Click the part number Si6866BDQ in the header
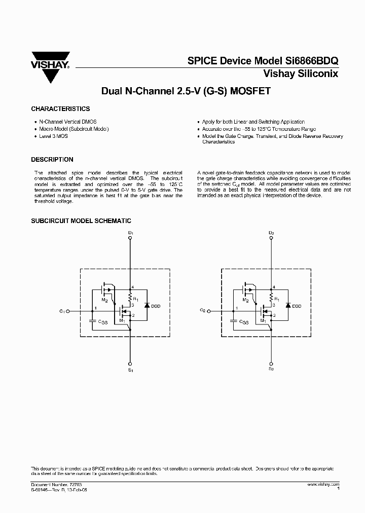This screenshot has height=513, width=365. pos(310,60)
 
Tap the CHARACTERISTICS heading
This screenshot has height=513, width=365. pos(60,109)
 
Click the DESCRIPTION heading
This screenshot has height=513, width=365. pos(52,159)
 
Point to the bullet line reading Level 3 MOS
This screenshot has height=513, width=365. pos(54,136)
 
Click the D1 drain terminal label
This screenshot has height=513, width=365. pos(130,233)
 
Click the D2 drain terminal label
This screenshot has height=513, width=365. pos(271,233)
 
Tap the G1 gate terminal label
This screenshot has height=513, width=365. pos(61,310)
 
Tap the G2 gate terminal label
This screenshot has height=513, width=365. pos(202,310)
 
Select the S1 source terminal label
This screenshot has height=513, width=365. pos(130,371)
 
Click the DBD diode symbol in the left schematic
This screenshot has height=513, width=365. pos(147,306)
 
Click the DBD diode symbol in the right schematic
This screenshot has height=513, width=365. pos(287,306)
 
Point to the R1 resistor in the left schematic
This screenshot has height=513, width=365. pos(131,297)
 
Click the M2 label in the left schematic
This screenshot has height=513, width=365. pos(104,300)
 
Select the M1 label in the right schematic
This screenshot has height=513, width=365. pos(263,320)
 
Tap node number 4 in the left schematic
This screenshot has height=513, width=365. pos(132,287)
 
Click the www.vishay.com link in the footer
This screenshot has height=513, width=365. pos(323,485)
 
